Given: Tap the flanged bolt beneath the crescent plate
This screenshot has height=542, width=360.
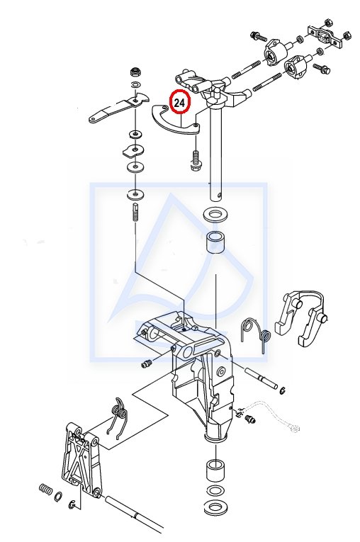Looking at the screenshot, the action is (196, 161).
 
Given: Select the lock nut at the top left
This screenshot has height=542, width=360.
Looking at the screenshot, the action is (135, 73).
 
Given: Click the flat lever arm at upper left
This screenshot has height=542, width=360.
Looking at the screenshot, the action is (118, 108).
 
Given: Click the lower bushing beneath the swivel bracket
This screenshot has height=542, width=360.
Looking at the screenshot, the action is (215, 470).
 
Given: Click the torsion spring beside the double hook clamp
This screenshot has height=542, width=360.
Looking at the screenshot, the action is (256, 333).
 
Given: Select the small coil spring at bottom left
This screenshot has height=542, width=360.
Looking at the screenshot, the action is (45, 490).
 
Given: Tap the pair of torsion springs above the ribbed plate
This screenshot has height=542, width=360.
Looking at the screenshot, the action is (118, 419).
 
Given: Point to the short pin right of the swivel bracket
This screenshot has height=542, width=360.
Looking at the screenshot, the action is (261, 378).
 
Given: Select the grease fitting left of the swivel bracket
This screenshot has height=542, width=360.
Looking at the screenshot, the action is (147, 363).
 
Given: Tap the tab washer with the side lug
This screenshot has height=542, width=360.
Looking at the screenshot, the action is (133, 150).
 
